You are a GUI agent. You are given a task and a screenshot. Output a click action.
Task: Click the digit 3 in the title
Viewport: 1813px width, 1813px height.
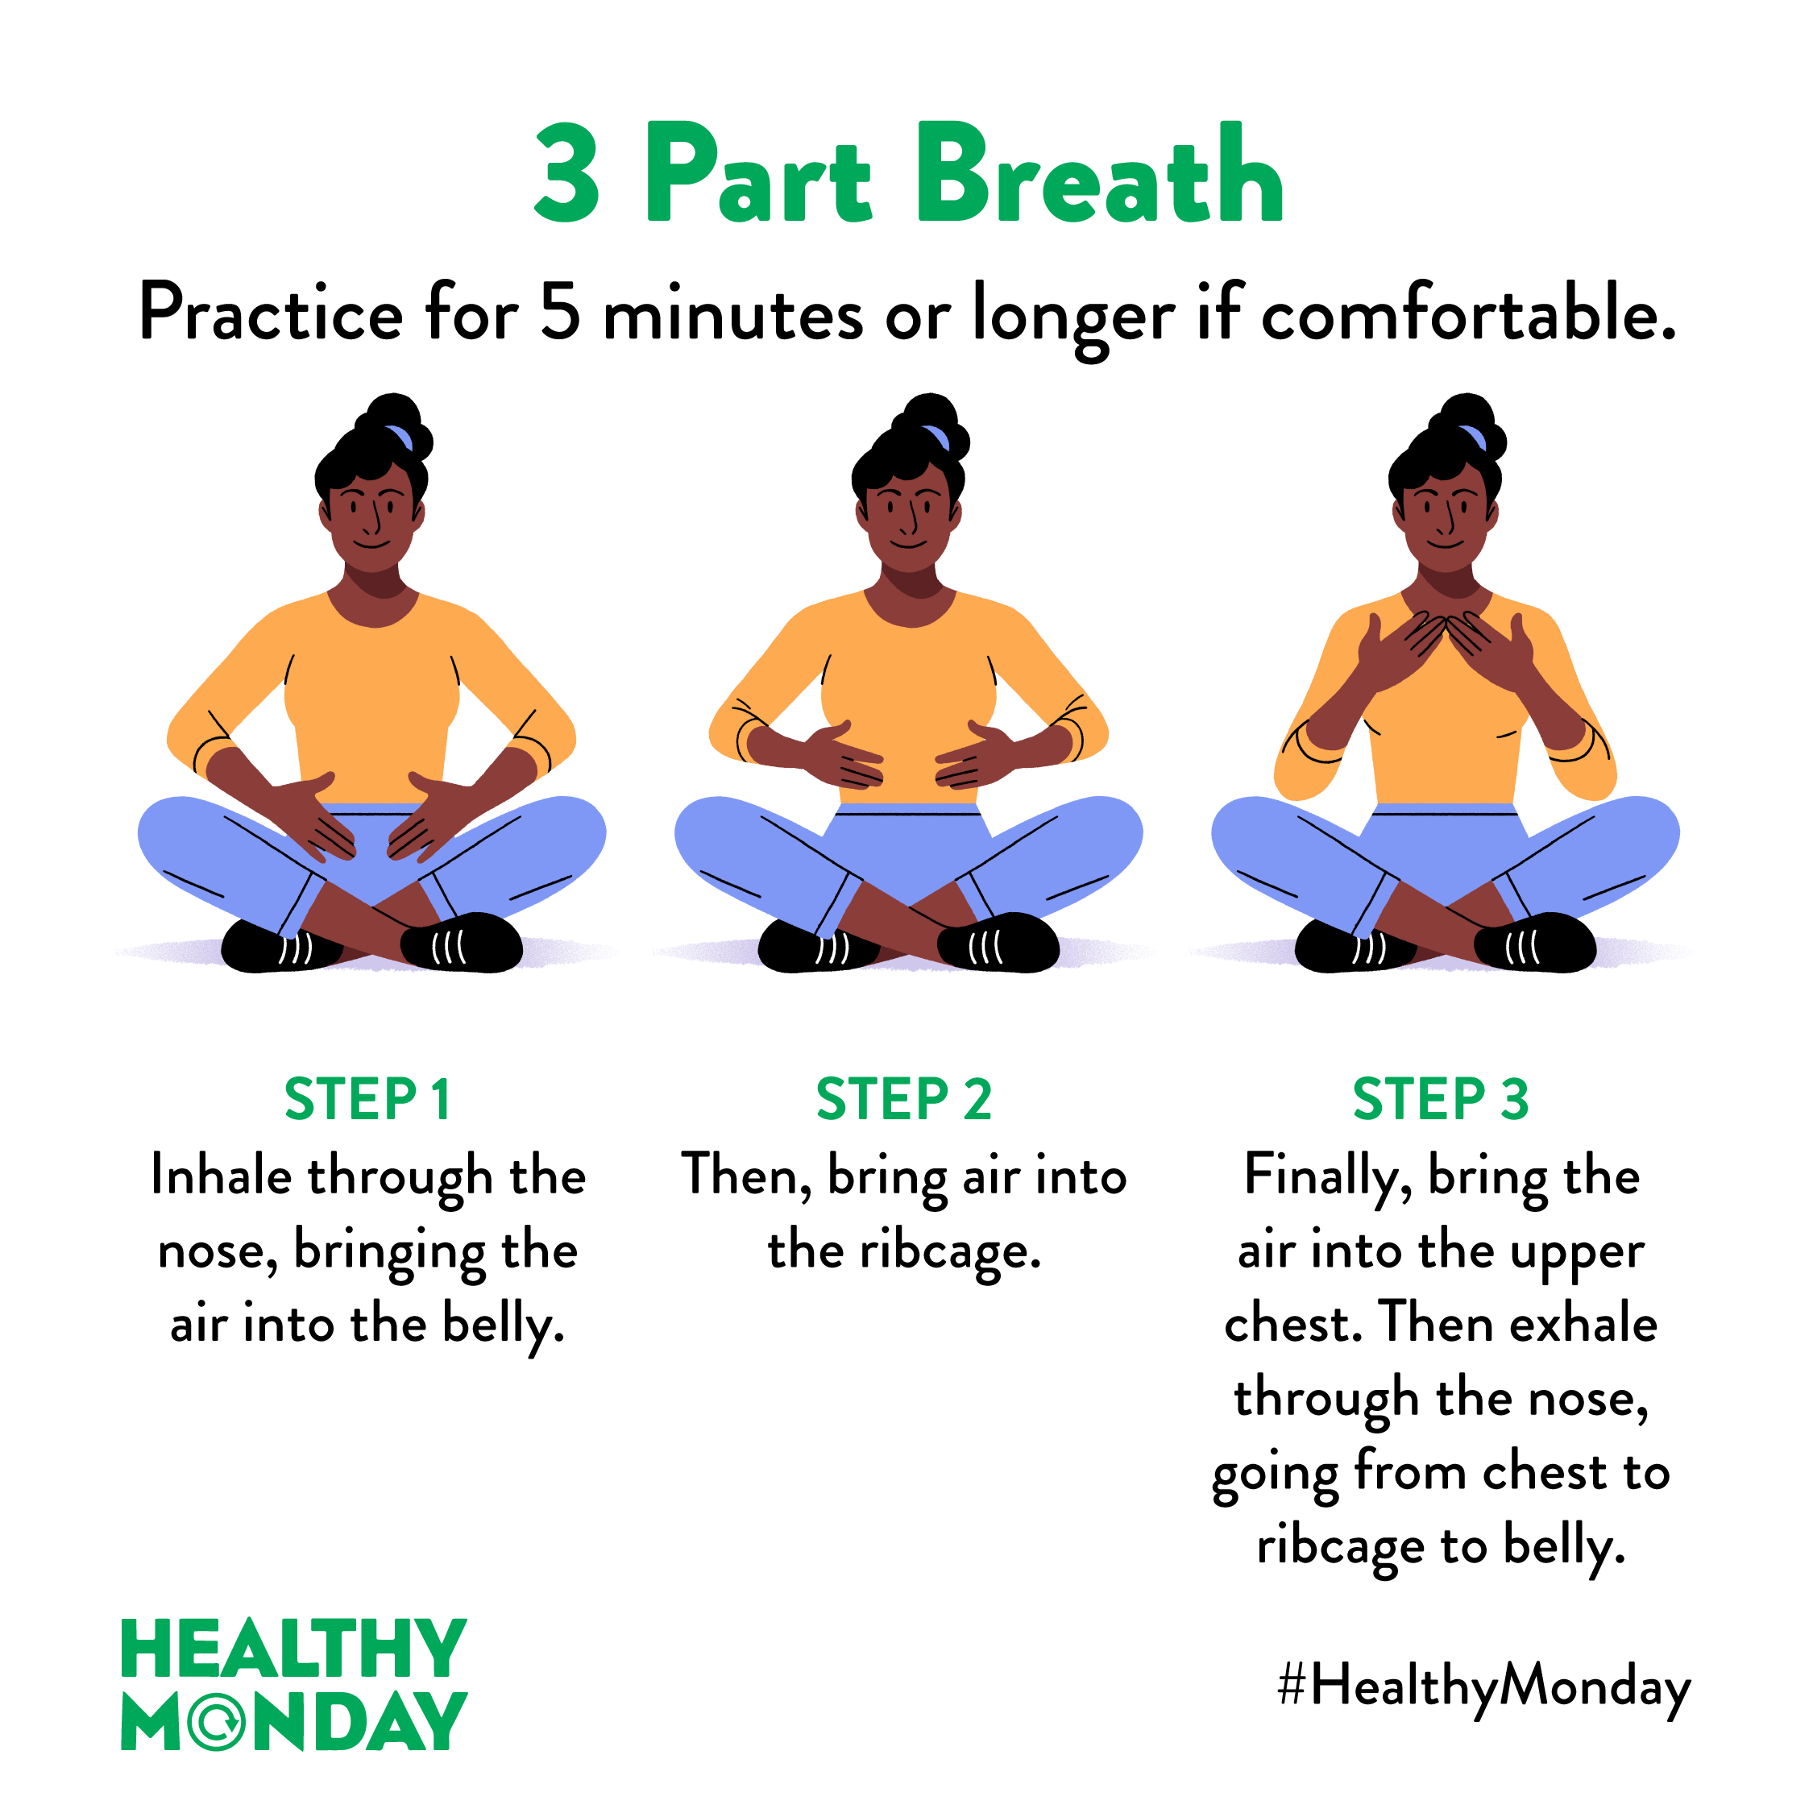coord(566,172)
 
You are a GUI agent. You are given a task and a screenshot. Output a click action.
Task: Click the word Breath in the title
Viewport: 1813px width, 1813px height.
coord(1100,172)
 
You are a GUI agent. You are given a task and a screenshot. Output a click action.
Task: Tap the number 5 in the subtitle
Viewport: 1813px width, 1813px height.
coord(560,312)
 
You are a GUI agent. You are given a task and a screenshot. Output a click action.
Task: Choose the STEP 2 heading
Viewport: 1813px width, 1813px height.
coord(904,1099)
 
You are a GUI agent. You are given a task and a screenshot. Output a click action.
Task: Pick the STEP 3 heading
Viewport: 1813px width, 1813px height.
coord(1441,1099)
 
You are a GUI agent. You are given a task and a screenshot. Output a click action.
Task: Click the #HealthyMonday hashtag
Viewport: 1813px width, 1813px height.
coord(1483,1686)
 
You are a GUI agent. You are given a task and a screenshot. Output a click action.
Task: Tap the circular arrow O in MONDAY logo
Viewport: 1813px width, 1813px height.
coord(217,1722)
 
